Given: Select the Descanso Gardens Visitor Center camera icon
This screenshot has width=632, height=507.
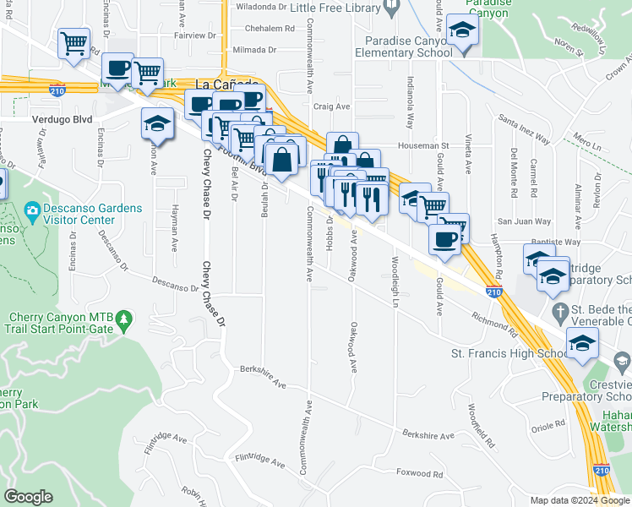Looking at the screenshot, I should [32, 210].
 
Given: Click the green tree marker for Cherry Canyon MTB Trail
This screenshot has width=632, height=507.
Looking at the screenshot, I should [124, 319].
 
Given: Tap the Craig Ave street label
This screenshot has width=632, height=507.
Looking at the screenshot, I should [331, 106].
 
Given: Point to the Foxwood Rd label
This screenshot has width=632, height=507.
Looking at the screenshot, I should [419, 473].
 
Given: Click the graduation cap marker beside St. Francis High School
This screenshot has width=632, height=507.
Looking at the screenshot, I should [581, 344].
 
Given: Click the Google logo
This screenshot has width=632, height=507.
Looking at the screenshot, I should [28, 497].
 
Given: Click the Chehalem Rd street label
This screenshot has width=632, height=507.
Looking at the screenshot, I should [269, 28].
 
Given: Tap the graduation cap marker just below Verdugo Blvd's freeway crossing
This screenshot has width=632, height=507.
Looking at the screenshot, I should [156, 123].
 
